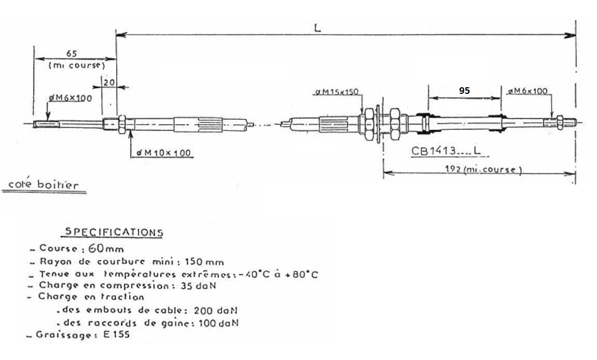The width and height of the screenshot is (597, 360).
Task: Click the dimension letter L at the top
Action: (318, 28)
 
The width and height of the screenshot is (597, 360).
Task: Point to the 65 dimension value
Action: (72, 54)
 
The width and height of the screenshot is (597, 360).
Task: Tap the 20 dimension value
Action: (109, 82)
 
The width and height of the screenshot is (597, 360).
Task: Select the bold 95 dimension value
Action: (464, 91)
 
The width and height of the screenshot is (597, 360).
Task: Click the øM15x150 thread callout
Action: (337, 92)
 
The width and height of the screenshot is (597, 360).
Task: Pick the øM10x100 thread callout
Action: (163, 153)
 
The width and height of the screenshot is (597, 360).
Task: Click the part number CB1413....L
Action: (445, 151)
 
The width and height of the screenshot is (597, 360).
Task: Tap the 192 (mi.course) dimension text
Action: (483, 169)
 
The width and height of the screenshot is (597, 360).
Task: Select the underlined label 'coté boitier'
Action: (44, 185)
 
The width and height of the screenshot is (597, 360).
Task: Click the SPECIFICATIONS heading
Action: (114, 232)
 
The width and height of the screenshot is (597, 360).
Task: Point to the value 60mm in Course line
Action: (106, 248)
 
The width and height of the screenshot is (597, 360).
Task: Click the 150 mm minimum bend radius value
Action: (204, 262)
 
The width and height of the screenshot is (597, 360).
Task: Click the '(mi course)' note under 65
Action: (77, 65)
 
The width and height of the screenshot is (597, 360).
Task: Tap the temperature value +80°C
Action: (305, 274)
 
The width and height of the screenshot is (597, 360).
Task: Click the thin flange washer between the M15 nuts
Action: (377, 124)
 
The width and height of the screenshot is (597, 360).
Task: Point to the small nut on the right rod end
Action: (559, 122)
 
